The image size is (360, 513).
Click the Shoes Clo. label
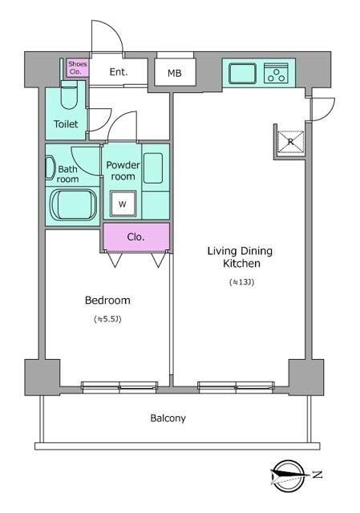click(x=78, y=67)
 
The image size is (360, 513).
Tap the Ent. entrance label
click(x=118, y=72)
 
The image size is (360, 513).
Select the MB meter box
click(x=175, y=72)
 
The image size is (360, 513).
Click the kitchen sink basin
click(x=242, y=73)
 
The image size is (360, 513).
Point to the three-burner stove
click(x=276, y=73)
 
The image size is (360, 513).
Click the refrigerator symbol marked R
click(x=290, y=142)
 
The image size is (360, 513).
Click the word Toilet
click(x=66, y=124)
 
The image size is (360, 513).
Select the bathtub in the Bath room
click(x=73, y=204)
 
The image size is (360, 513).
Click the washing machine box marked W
click(x=123, y=204)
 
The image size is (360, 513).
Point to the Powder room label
click(x=123, y=171)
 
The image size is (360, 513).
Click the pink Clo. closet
click(x=136, y=237)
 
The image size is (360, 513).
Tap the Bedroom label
click(x=107, y=300)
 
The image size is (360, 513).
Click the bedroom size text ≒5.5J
click(x=107, y=319)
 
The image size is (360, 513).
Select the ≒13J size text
click(x=242, y=282)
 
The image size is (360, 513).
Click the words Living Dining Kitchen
click(x=240, y=256)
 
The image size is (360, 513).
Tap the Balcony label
click(x=168, y=418)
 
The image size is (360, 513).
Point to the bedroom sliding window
click(x=119, y=386)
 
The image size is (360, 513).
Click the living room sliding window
click(x=236, y=386)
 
